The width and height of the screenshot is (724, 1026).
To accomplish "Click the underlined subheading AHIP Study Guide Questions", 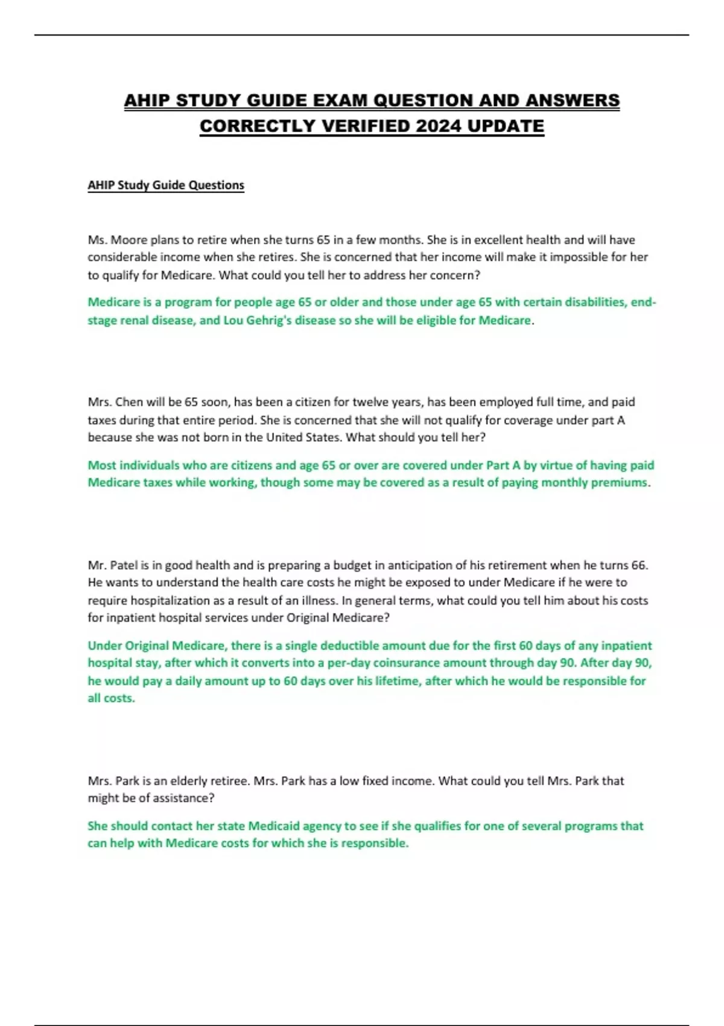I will click(166, 185).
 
